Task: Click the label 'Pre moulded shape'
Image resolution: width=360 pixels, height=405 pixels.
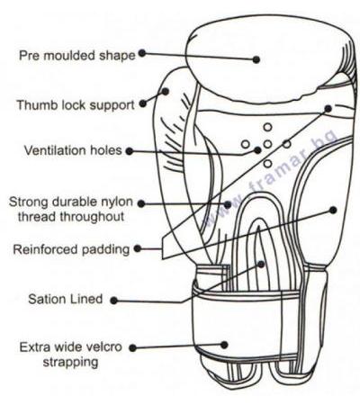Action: (77, 56)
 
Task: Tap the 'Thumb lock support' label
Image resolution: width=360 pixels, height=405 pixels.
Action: (76, 105)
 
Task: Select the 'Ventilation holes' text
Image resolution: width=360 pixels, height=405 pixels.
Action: (73, 150)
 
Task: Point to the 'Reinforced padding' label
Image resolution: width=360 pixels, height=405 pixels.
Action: (71, 249)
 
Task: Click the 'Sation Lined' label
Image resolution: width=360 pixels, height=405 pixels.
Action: (66, 299)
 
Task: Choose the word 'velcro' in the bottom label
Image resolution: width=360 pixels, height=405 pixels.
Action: (104, 347)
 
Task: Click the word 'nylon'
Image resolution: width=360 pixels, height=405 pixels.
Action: (116, 202)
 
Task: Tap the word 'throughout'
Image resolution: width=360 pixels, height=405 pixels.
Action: (93, 217)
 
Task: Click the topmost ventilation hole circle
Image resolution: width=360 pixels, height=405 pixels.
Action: (267, 127)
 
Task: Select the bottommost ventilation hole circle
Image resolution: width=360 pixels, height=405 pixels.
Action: (267, 164)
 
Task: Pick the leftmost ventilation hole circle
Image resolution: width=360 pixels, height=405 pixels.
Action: (246, 144)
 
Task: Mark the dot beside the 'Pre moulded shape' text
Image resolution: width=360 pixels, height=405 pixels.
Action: (142, 53)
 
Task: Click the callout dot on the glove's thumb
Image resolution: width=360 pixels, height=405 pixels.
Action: (166, 91)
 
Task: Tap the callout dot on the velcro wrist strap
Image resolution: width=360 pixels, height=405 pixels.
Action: (224, 345)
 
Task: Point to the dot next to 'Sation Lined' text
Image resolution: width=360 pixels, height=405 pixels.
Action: (113, 301)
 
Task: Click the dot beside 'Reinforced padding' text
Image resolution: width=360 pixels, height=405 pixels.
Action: (138, 248)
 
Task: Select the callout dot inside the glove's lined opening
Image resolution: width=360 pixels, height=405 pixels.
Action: (261, 265)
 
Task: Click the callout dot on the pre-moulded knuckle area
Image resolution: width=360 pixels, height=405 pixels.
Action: (256, 59)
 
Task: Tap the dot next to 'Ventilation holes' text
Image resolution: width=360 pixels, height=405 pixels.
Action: (130, 151)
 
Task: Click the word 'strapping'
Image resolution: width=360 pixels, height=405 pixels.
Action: (70, 362)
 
